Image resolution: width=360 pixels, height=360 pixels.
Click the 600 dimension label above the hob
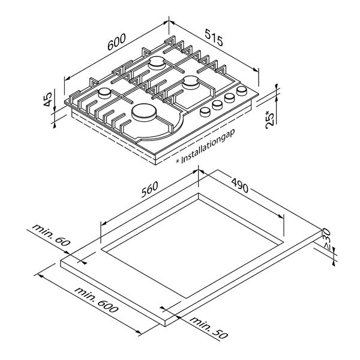pyautogui.click(x=116, y=42)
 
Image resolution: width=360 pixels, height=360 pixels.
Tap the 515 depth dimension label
pyautogui.click(x=214, y=37)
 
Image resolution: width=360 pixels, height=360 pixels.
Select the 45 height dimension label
pyautogui.click(x=47, y=99)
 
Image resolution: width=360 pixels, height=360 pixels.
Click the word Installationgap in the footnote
pyautogui.click(x=208, y=146)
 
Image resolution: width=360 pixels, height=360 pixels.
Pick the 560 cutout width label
pyautogui.click(x=149, y=190)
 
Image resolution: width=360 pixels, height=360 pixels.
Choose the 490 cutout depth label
pyautogui.click(x=239, y=185)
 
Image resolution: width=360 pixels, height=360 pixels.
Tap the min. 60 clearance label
pyautogui.click(x=51, y=235)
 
